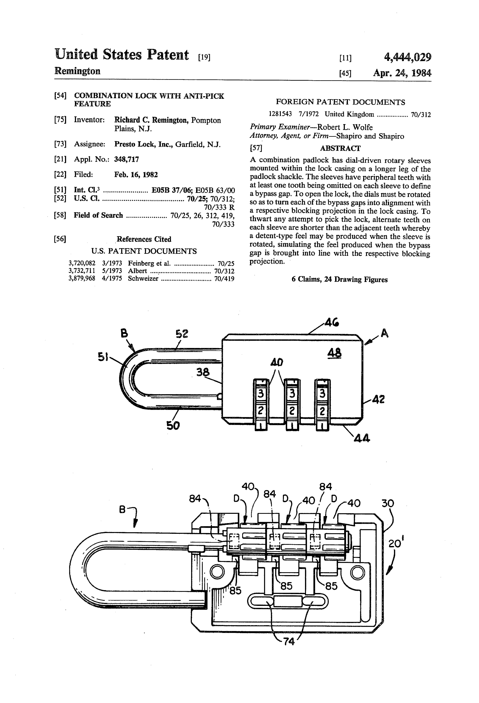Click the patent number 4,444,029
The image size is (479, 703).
(x=407, y=57)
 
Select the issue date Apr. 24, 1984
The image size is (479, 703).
(x=402, y=73)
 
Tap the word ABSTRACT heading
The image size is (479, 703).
(x=340, y=148)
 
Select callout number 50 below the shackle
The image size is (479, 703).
(x=173, y=426)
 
